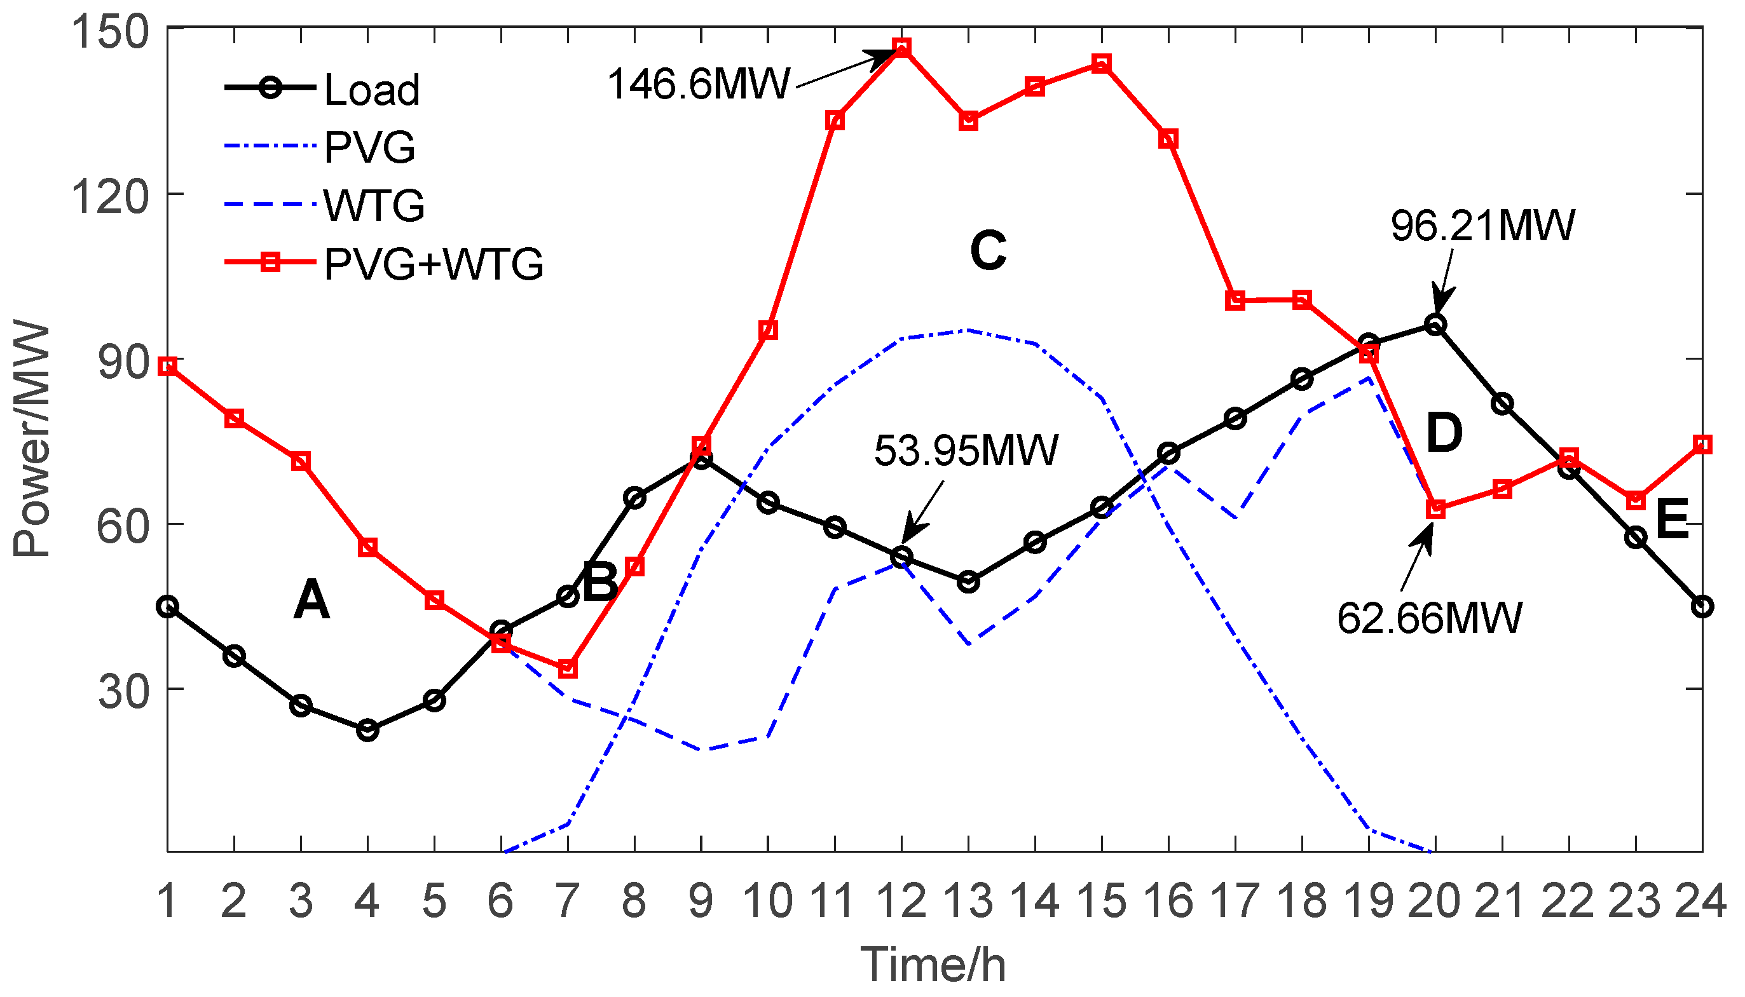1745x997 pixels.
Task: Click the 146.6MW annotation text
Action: point(699,85)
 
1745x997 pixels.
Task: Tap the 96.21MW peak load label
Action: point(1482,226)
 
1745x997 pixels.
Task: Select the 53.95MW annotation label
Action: point(966,451)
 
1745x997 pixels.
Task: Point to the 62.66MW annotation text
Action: point(1429,618)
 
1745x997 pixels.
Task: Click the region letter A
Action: point(311,600)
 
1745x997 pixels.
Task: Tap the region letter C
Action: point(987,250)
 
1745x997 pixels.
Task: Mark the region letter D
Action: point(1444,433)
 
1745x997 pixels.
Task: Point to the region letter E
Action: point(1672,519)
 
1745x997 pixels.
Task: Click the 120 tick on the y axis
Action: point(109,196)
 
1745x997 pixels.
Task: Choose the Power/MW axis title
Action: point(32,438)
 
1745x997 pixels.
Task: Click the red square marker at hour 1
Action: point(168,367)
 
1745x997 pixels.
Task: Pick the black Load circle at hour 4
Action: point(368,731)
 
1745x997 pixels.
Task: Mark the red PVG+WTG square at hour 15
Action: point(1101,64)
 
